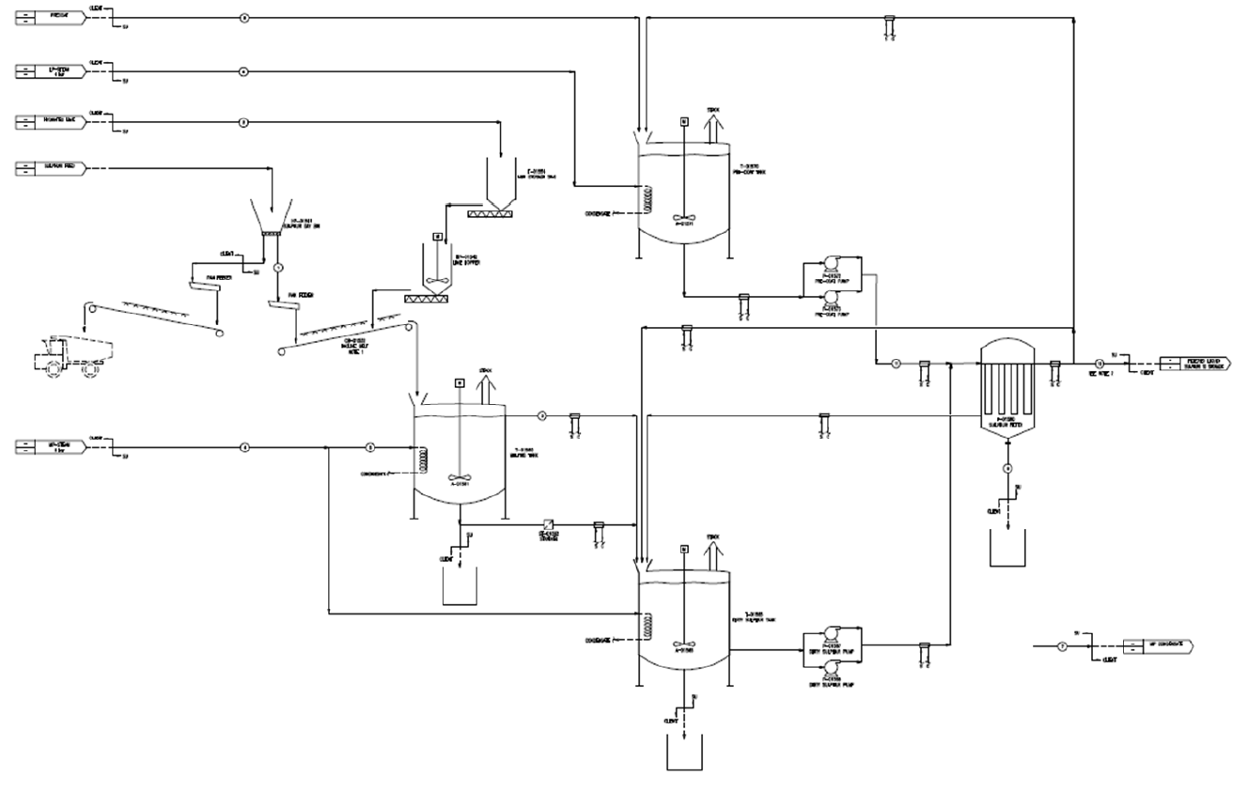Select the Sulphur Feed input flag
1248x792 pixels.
pyautogui.click(x=52, y=169)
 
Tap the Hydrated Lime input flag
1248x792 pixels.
pyautogui.click(x=52, y=121)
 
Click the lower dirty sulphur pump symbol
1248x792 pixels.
pyautogui.click(x=831, y=668)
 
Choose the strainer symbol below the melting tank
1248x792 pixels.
pyautogui.click(x=546, y=525)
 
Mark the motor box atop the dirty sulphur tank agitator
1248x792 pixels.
pyautogui.click(x=684, y=548)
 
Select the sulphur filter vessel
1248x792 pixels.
pyautogui.click(x=1006, y=385)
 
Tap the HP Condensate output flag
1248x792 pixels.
pyautogui.click(x=1156, y=646)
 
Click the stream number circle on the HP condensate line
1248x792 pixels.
pyautogui.click(x=1062, y=646)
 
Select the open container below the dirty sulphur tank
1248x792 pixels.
pyautogui.click(x=684, y=752)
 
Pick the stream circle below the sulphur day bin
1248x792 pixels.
pyautogui.click(x=278, y=268)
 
